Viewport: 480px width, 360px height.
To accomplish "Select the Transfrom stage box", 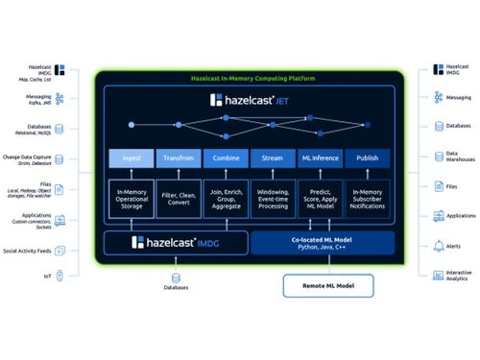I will [178, 158].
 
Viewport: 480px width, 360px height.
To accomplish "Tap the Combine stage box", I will [226, 158].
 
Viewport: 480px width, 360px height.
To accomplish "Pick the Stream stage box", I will [273, 158].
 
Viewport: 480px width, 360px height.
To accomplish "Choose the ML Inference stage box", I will [320, 158].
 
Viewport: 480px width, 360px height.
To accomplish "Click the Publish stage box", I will [367, 158].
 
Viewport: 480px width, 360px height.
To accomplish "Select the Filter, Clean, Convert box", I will [178, 200].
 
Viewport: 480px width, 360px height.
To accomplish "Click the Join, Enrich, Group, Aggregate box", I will [226, 200].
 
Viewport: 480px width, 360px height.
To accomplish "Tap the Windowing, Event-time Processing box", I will [273, 200].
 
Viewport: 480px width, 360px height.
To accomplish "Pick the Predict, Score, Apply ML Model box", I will [320, 200].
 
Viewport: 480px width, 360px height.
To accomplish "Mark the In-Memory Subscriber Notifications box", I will [367, 200].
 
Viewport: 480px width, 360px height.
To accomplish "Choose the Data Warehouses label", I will [459, 156].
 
